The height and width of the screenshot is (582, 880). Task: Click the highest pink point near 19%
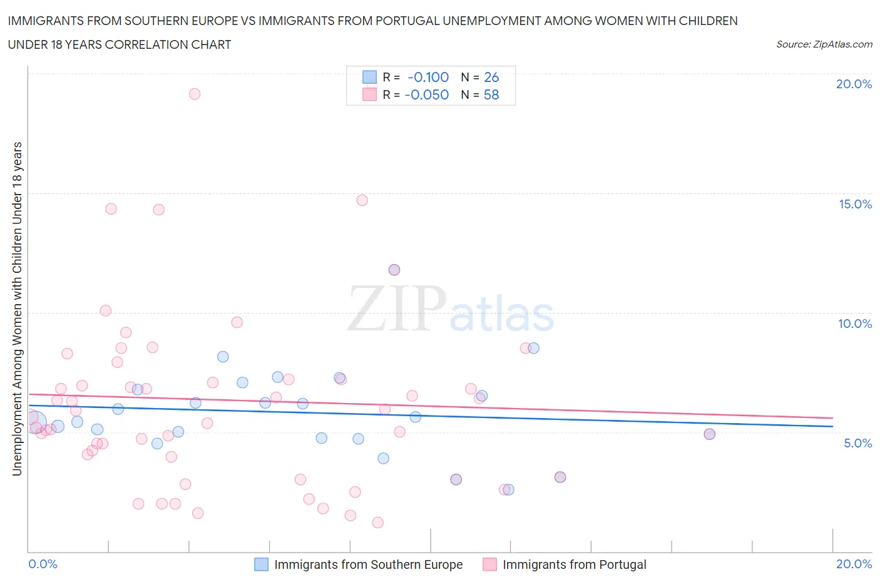pos(195,94)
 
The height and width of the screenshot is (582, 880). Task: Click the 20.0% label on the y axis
pos(854,84)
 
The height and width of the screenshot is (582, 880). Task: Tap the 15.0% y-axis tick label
pos(855,204)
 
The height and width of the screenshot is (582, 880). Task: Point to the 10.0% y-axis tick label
pos(855,324)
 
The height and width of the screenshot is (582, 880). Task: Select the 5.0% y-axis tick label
pos(857,443)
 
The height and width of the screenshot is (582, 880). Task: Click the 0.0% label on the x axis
pos(43,564)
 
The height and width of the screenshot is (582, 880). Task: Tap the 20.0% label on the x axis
pos(854,564)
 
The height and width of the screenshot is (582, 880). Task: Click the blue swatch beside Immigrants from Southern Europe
pos(261,564)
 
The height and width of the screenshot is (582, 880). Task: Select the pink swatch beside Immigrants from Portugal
pos(489,564)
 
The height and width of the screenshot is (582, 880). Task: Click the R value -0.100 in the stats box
pos(428,77)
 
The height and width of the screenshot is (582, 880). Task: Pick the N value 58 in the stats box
pos(491,94)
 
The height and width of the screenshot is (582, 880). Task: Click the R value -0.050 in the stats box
pos(427,94)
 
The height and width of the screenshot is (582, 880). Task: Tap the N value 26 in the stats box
pos(491,77)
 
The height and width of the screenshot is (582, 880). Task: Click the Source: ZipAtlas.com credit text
pos(824,44)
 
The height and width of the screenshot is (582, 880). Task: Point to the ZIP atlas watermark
pos(451,309)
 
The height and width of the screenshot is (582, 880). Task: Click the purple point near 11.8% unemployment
pos(394,270)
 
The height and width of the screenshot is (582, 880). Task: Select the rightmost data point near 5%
pos(709,434)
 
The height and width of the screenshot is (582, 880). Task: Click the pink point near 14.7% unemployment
pos(362,200)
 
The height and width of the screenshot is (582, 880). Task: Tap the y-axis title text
pos(18,309)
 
